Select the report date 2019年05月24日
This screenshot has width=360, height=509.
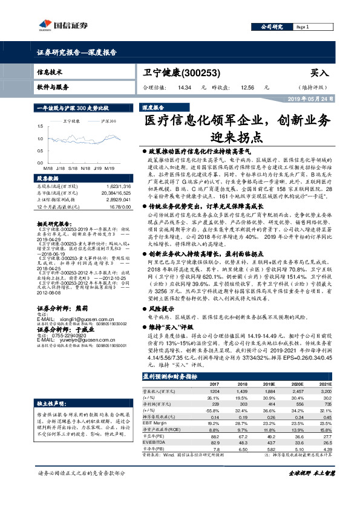point(309,98)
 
